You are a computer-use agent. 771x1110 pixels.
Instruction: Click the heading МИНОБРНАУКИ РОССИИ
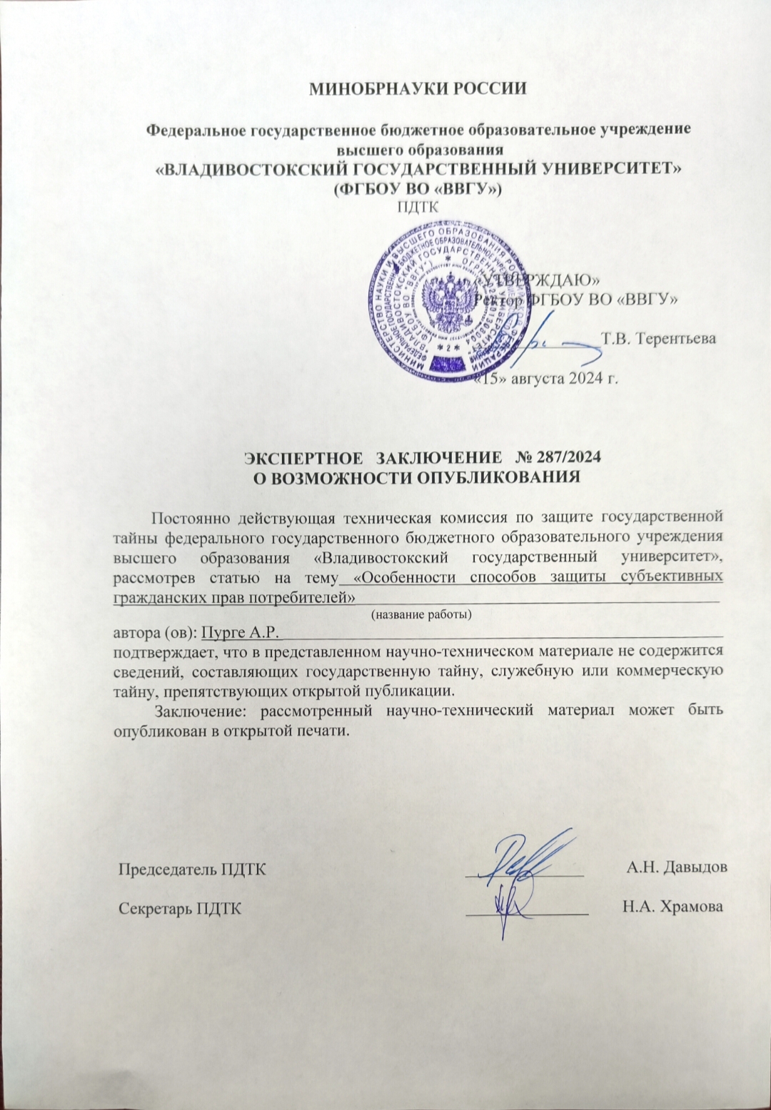click(418, 89)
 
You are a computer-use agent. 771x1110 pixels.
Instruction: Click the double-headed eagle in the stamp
click(441, 298)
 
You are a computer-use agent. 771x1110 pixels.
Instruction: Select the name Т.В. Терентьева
click(658, 338)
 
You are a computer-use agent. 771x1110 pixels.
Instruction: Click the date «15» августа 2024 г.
click(546, 378)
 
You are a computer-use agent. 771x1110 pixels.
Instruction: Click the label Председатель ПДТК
click(192, 869)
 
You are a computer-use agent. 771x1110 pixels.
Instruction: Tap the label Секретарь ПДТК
click(179, 908)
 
